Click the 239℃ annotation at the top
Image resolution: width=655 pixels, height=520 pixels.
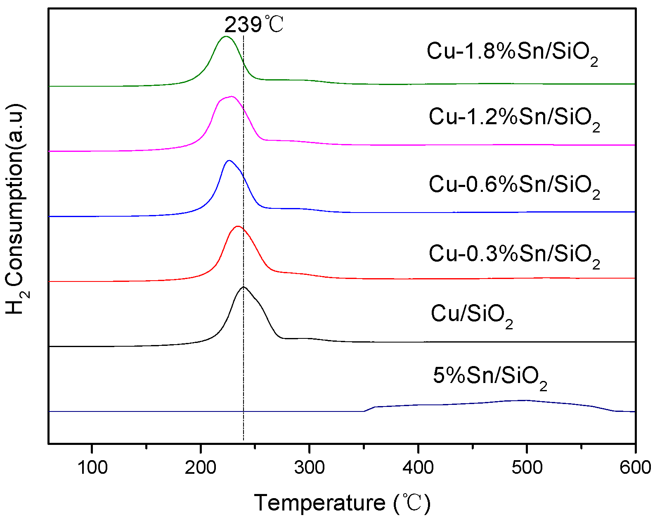pos(253,25)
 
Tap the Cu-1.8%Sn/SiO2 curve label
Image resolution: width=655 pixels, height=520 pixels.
pos(512,53)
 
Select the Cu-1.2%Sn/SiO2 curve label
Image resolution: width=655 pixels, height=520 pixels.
pos(514,118)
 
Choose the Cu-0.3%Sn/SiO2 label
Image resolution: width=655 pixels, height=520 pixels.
pos(514,254)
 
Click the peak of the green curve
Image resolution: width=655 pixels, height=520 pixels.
pos(225,36)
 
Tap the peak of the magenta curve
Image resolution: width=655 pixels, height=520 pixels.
pos(232,96)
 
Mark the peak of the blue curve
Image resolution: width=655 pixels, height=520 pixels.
pos(229,160)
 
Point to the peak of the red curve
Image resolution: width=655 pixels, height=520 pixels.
pos(237,226)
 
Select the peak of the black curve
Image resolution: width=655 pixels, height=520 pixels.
pos(244,286)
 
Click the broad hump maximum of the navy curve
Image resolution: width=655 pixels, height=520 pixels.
pos(525,400)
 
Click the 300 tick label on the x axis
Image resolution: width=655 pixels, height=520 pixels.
pos(309,468)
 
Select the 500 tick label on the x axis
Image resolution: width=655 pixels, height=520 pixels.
pos(527,468)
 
